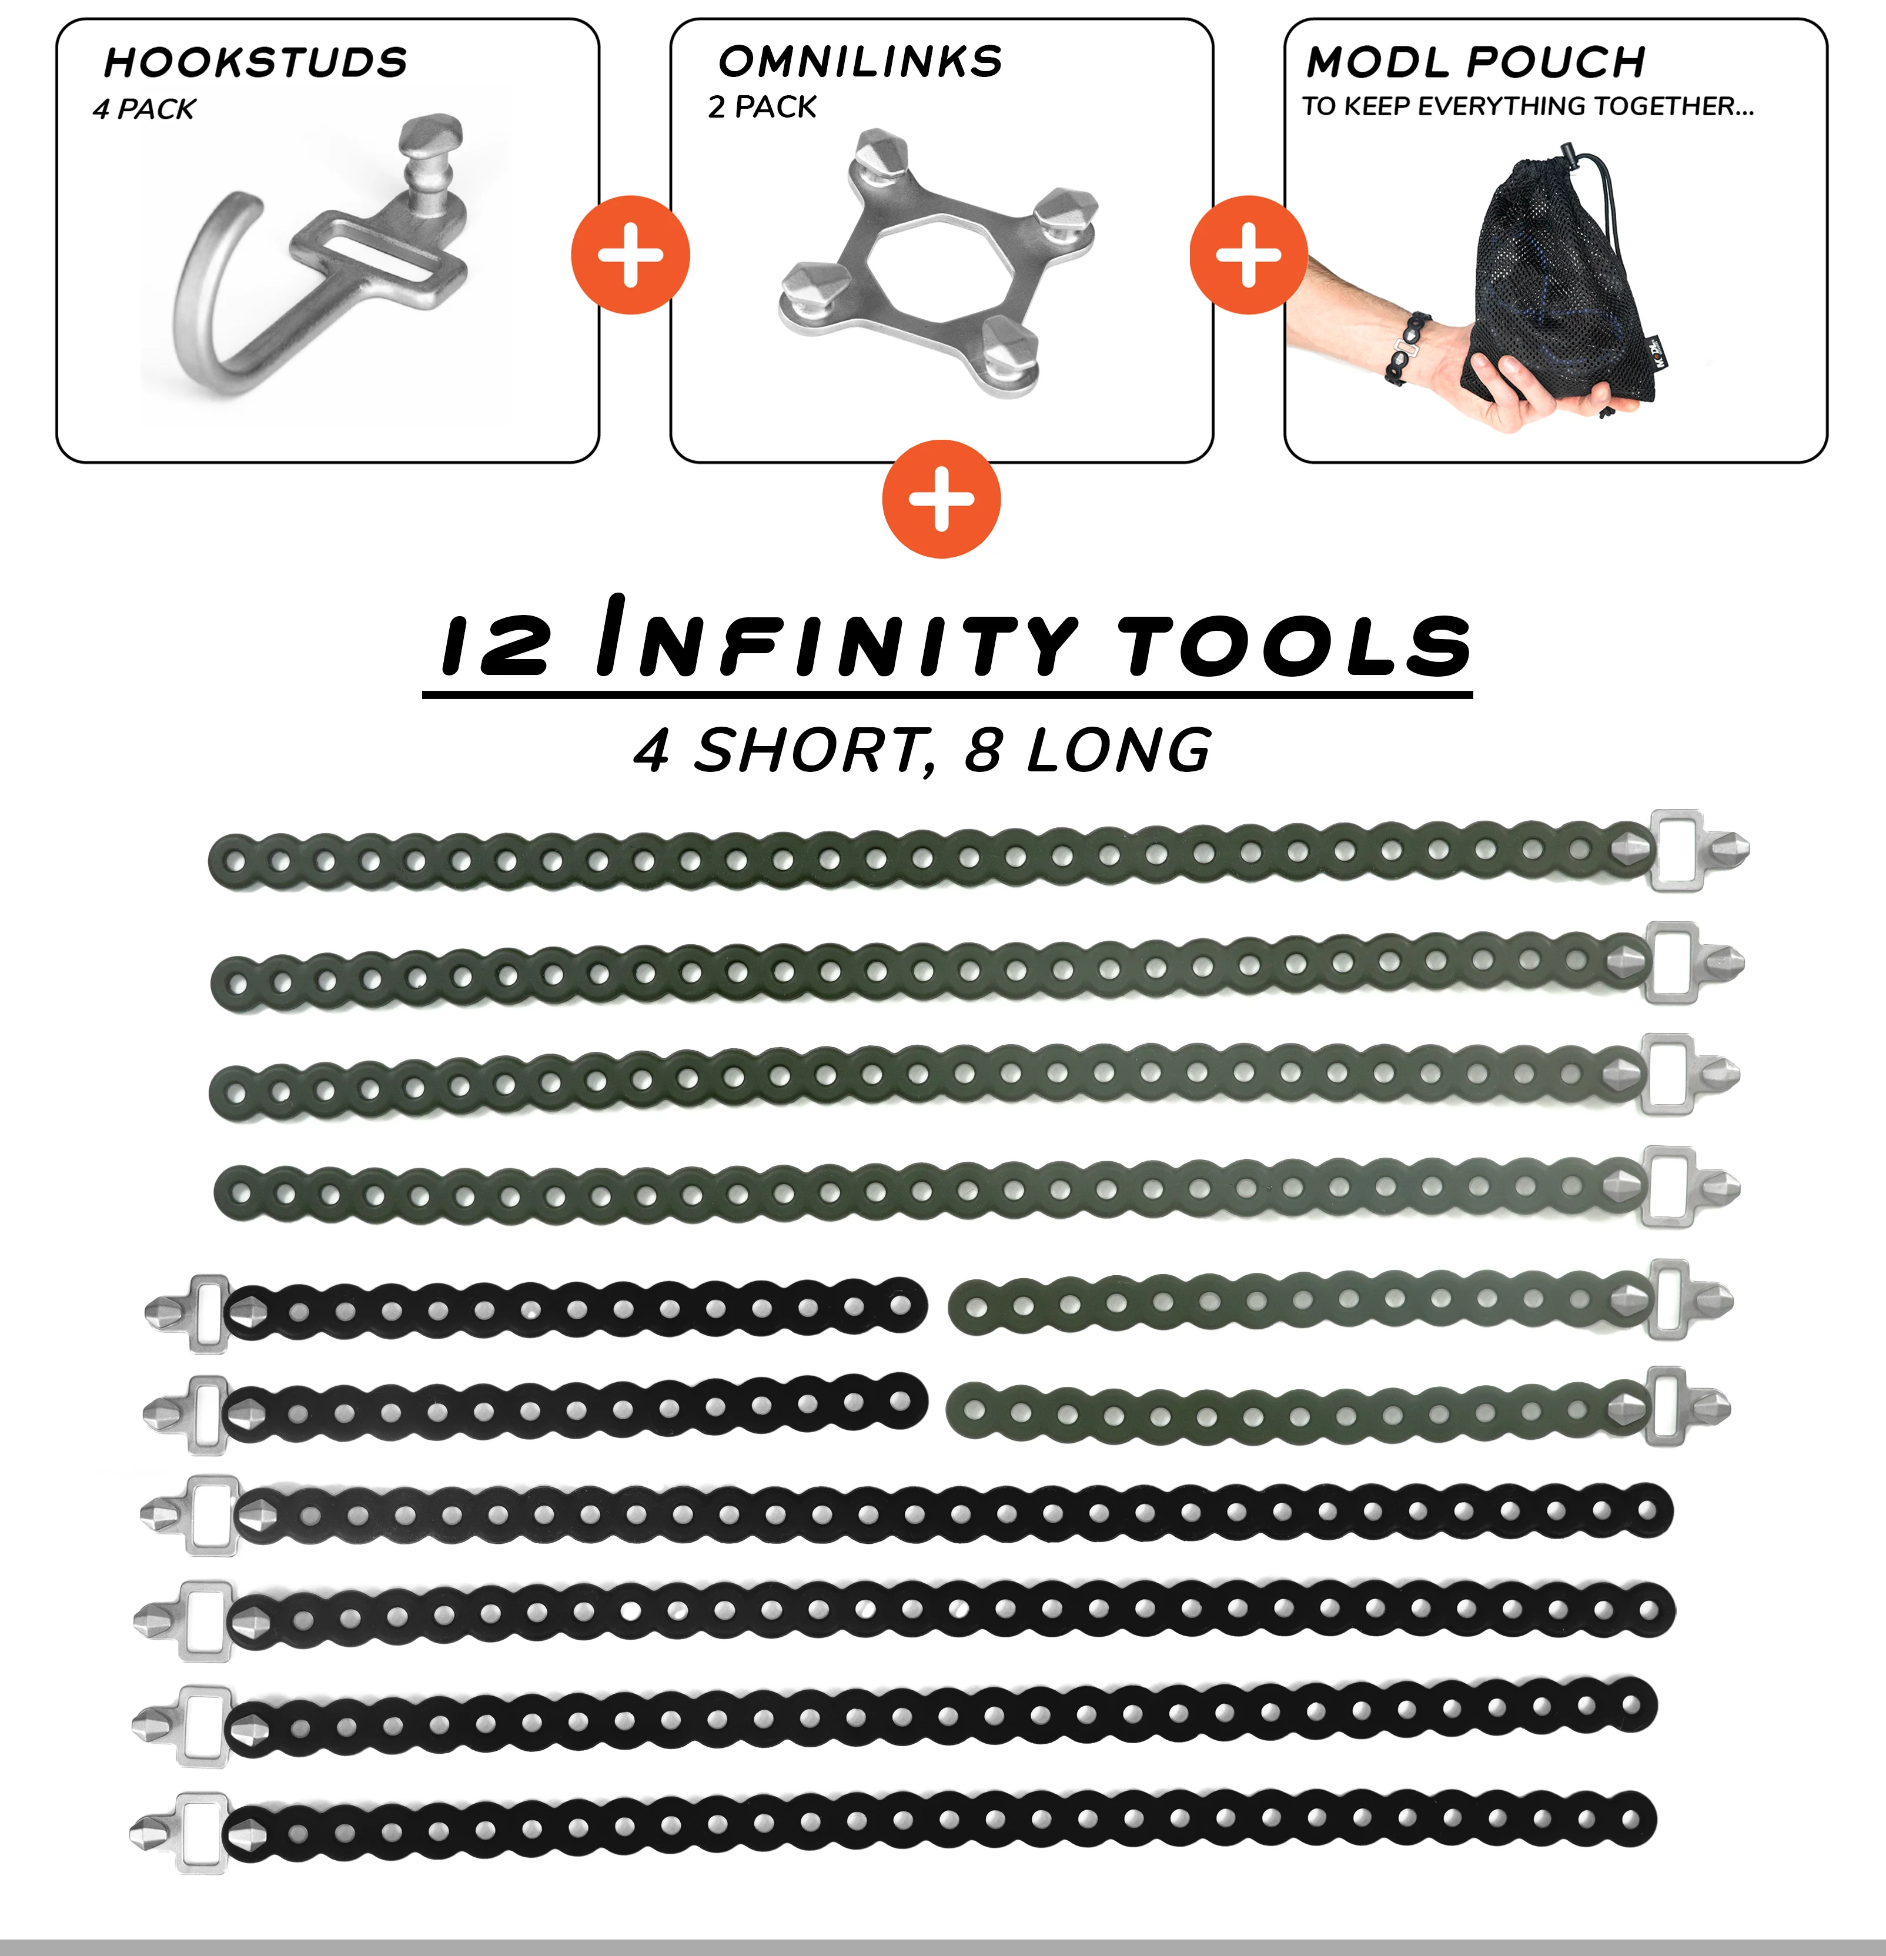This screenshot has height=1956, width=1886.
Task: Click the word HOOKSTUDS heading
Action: (x=256, y=63)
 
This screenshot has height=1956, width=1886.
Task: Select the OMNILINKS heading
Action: (x=860, y=62)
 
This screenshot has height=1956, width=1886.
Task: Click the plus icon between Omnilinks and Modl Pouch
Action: (x=1248, y=256)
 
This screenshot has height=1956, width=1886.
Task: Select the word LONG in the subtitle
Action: (x=1119, y=750)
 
